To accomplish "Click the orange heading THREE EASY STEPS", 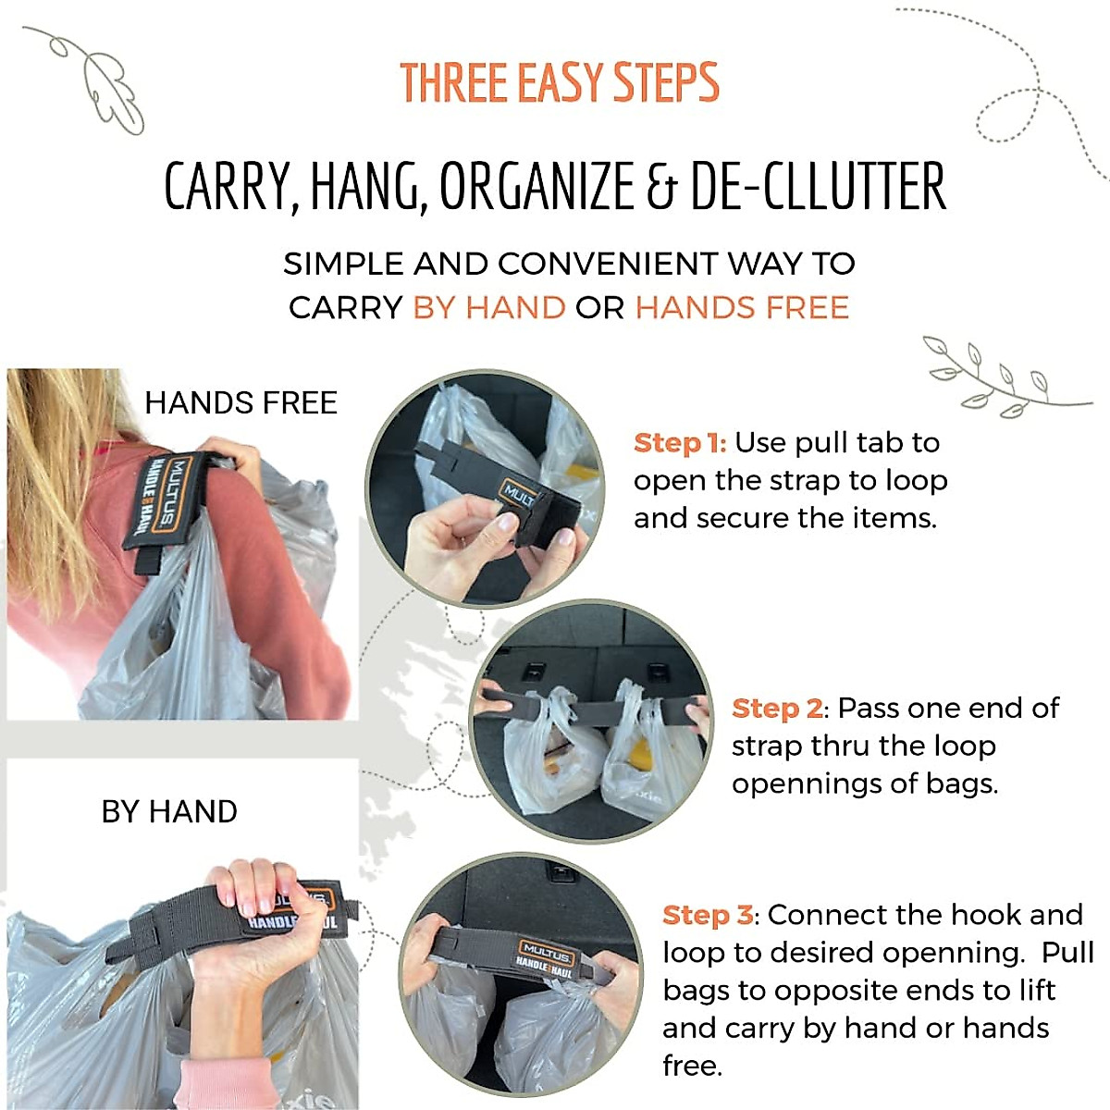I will [x=559, y=83].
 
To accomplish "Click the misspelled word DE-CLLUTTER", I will [x=818, y=187].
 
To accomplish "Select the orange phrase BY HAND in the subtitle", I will [x=489, y=307].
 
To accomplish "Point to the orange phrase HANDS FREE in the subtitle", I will [x=742, y=307].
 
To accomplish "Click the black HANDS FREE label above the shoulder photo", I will [x=240, y=403].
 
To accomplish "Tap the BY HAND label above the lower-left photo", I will [x=169, y=811].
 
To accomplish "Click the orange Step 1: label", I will [x=680, y=443].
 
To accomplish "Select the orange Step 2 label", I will [x=777, y=709].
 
